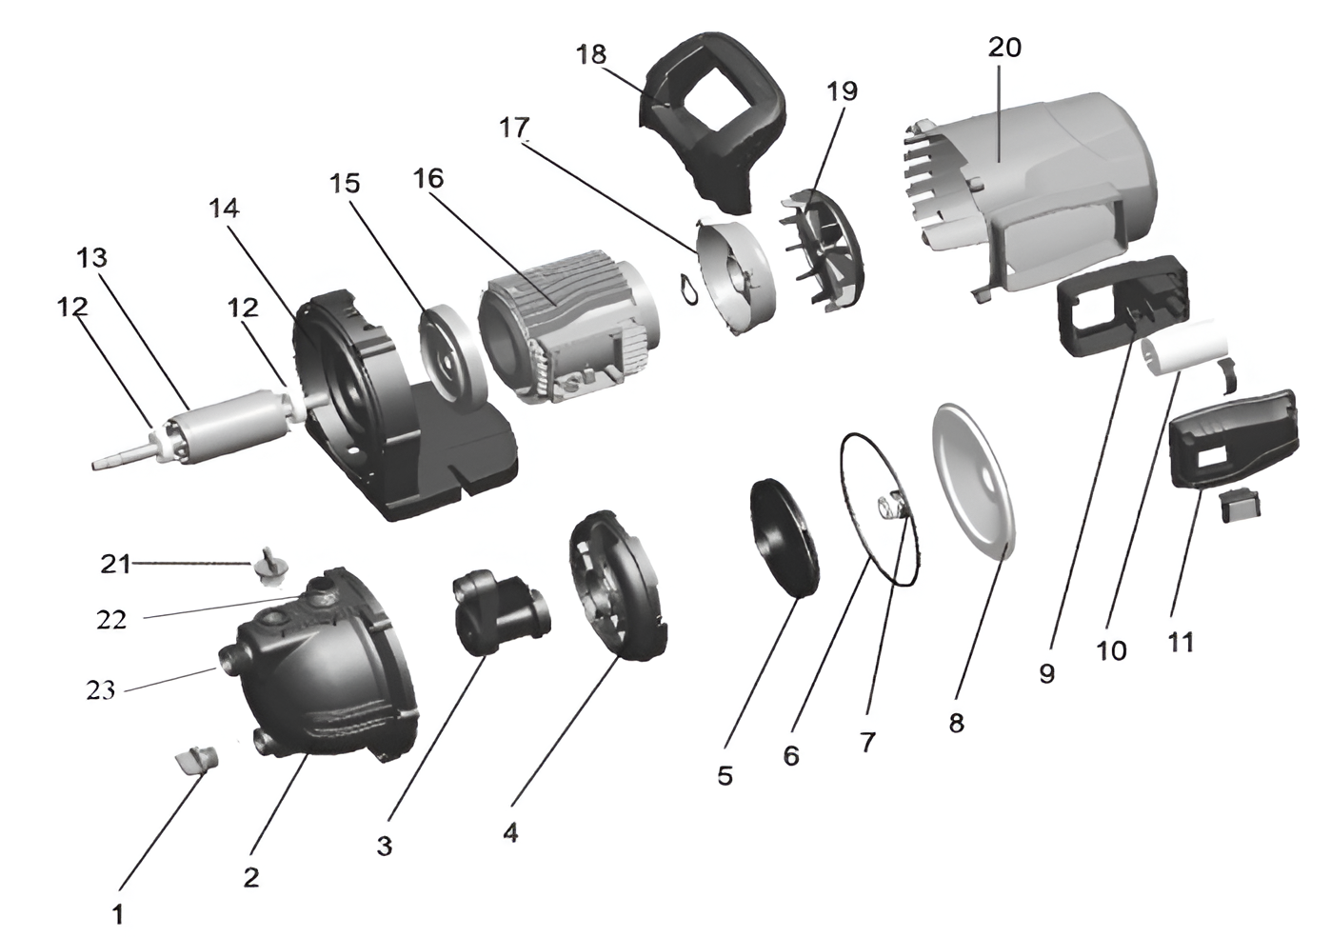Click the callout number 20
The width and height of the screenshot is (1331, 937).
pos(1004,47)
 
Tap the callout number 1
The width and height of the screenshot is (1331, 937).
pos(118,915)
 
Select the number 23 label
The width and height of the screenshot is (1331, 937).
pos(100,691)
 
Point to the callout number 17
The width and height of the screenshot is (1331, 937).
pos(514,127)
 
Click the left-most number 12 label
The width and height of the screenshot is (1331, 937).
pos(72,307)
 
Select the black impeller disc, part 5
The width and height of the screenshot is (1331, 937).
pos(785,539)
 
